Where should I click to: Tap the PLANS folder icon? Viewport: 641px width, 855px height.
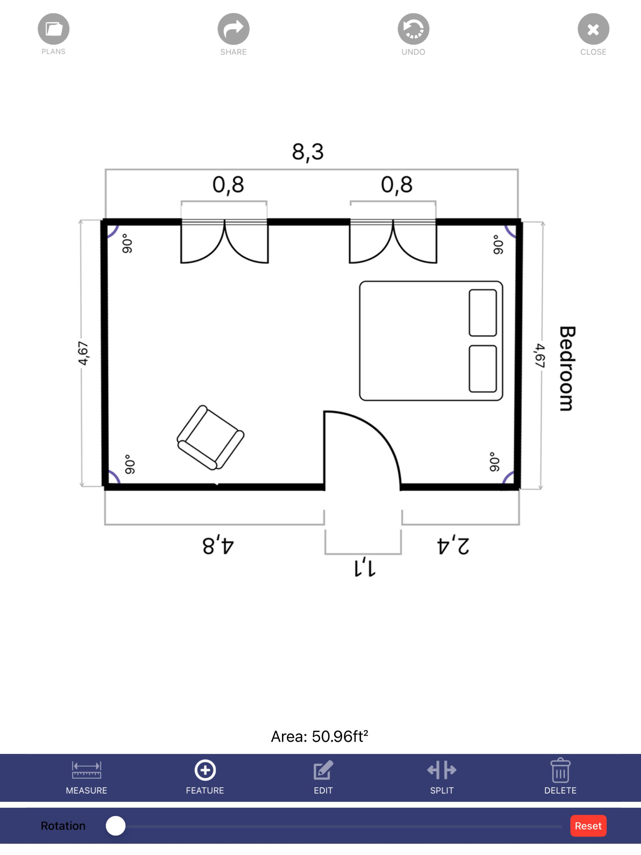(53, 29)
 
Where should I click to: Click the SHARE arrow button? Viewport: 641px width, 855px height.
(233, 29)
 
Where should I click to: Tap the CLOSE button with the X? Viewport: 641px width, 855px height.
(593, 29)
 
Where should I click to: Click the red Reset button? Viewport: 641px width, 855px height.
(588, 826)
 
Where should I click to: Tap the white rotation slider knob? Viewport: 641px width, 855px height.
(115, 826)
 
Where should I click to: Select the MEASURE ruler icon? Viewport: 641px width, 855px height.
(87, 770)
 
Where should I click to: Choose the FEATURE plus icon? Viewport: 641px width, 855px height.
(205, 770)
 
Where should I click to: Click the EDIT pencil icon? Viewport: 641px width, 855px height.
(323, 770)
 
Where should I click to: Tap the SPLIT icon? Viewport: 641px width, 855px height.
(442, 770)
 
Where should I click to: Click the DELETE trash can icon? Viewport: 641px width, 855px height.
(560, 770)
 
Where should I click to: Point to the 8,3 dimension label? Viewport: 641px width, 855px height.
(308, 152)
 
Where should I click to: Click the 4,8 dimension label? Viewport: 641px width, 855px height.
(218, 545)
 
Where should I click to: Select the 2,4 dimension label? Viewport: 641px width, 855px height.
(453, 545)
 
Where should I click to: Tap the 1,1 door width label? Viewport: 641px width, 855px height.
(365, 567)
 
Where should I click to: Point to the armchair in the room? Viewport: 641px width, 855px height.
(210, 438)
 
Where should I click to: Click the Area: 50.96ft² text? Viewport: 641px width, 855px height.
(319, 736)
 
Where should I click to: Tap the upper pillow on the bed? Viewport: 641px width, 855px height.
(483, 313)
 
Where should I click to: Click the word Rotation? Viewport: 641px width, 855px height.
(63, 826)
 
